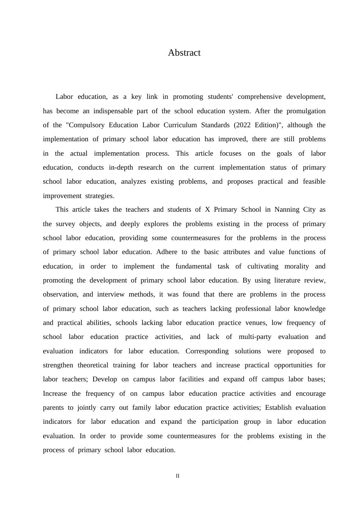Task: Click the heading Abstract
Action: [184, 53]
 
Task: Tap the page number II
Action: [178, 476]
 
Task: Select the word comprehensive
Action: [260, 97]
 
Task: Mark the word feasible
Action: [314, 181]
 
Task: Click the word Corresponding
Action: [207, 351]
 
